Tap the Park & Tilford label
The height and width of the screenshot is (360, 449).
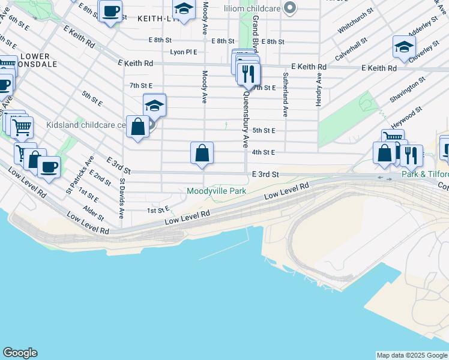coord(424,174)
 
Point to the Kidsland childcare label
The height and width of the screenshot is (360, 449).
coord(85,126)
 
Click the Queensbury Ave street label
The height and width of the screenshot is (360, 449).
coord(246,120)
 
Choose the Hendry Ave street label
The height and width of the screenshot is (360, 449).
coord(319,90)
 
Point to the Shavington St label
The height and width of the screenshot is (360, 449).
coord(408,89)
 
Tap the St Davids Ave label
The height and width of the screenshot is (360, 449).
coord(122,197)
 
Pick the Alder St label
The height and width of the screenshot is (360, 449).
coord(94,213)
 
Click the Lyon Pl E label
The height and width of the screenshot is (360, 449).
coord(184,52)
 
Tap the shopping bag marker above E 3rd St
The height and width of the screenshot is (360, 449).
coord(202,153)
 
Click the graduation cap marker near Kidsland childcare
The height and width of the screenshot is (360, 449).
coord(154,105)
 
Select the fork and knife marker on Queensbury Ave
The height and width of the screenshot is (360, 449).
coord(248,74)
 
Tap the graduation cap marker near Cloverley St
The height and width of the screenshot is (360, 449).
coord(404,47)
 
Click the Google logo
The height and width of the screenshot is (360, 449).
coord(20,353)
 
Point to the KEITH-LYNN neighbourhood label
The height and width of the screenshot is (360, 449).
coord(155,19)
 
